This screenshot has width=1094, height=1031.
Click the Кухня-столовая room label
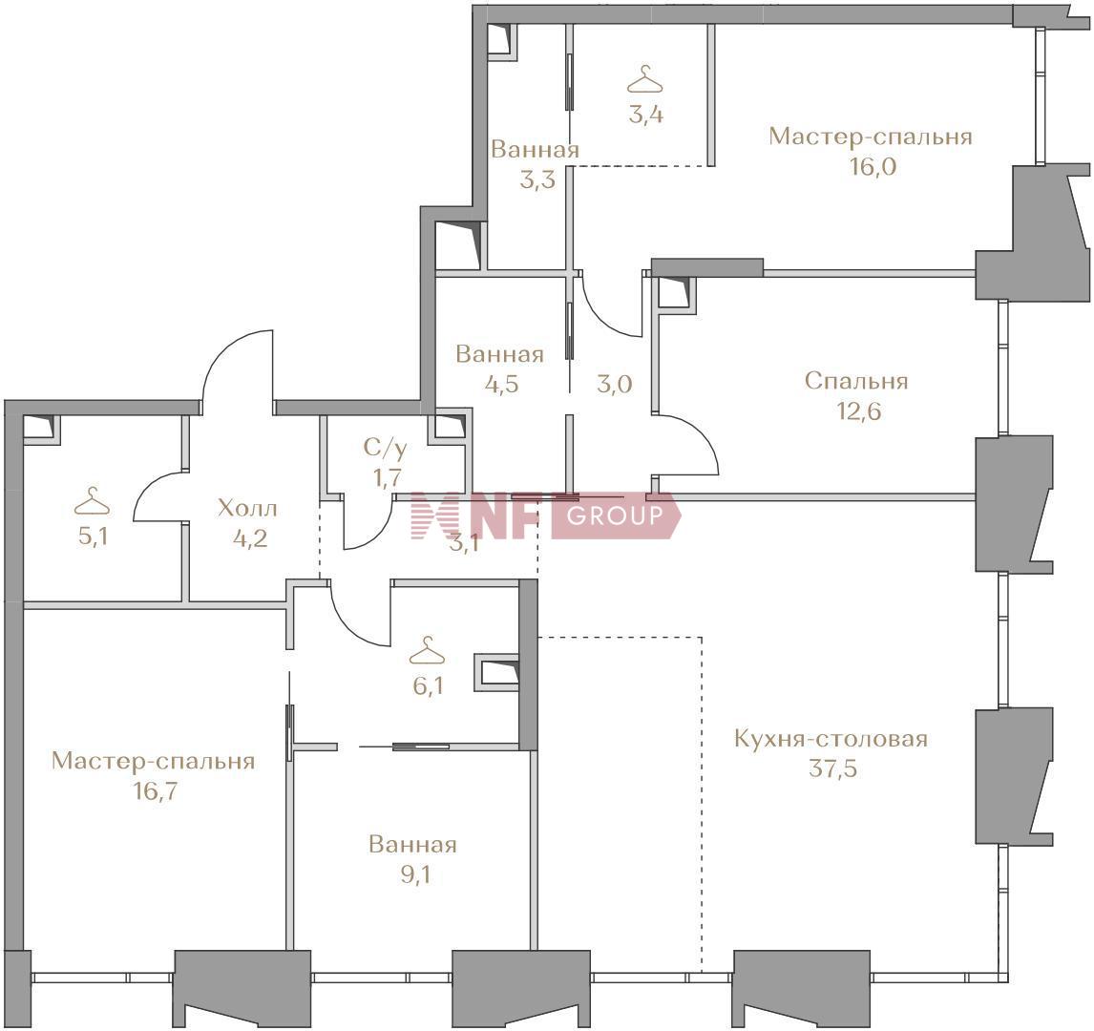tap(831, 739)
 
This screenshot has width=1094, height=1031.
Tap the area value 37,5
tap(832, 769)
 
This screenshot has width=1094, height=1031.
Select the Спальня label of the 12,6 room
tap(856, 381)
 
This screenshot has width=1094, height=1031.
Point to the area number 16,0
tap(873, 167)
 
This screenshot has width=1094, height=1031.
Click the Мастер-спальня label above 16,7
tap(153, 760)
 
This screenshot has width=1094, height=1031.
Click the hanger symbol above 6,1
tap(427, 651)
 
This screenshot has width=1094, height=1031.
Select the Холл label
tap(247, 508)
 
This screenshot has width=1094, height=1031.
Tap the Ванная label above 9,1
tap(412, 844)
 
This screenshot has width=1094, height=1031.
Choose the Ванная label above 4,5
tap(499, 353)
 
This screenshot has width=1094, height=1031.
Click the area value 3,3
tap(537, 180)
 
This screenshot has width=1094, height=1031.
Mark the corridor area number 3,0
tap(615, 384)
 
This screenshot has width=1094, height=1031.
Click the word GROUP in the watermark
tap(615, 515)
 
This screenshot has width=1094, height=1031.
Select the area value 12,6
tap(858, 411)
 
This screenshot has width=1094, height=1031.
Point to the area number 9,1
tap(415, 874)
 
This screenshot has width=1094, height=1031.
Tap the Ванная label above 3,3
tap(536, 149)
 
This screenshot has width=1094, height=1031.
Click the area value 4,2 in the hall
tap(250, 538)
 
